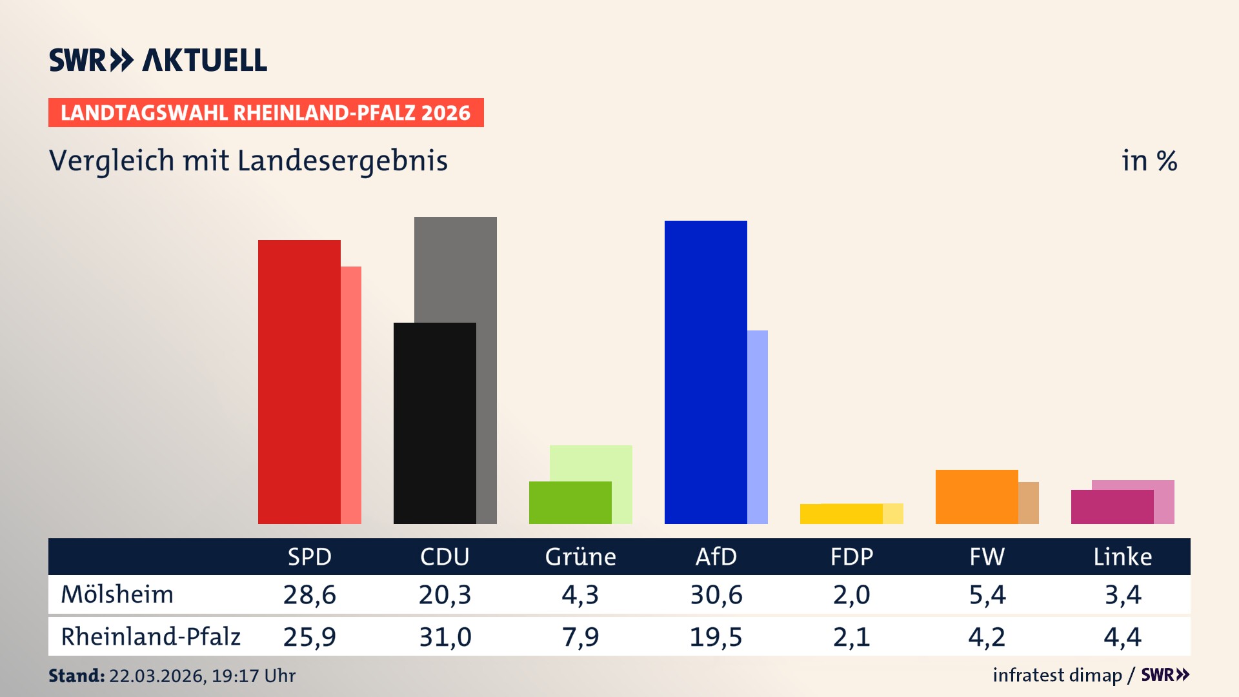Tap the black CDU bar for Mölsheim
434,423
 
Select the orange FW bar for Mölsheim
976,497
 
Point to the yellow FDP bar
841,514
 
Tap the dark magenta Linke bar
1112,507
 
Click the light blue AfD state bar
758,427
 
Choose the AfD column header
716,556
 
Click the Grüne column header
580,556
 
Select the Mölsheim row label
117,594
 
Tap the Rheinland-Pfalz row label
150,637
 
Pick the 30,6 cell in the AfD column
716,594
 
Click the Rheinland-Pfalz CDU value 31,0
445,637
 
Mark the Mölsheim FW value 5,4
987,594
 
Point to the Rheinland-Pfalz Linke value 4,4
1122,637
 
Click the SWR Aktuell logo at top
158,60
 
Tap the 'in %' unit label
1149,161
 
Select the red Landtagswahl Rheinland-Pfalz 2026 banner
266,113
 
